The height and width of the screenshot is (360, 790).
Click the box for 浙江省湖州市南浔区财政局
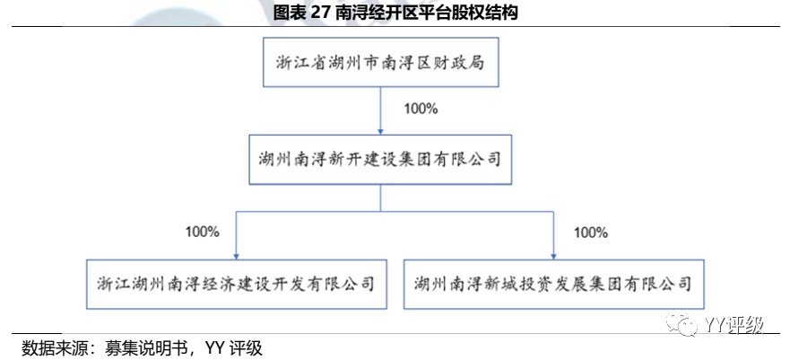tap(381, 64)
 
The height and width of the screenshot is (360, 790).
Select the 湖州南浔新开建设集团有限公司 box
tap(381, 159)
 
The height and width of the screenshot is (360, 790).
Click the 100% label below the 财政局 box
tap(420, 110)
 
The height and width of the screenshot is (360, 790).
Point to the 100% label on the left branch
tap(202, 232)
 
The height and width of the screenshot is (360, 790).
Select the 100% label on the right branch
tap(590, 232)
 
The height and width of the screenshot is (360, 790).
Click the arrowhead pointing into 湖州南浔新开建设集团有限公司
tap(381, 133)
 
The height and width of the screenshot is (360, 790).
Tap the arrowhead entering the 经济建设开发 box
tap(237, 255)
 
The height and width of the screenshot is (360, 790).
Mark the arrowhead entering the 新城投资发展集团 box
tap(554, 255)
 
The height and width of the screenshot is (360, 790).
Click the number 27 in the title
tap(320, 13)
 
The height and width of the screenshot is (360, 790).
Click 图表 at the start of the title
tap(288, 13)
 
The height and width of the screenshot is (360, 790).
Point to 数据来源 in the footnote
tap(52, 347)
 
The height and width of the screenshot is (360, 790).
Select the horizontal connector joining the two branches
tap(395, 213)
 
